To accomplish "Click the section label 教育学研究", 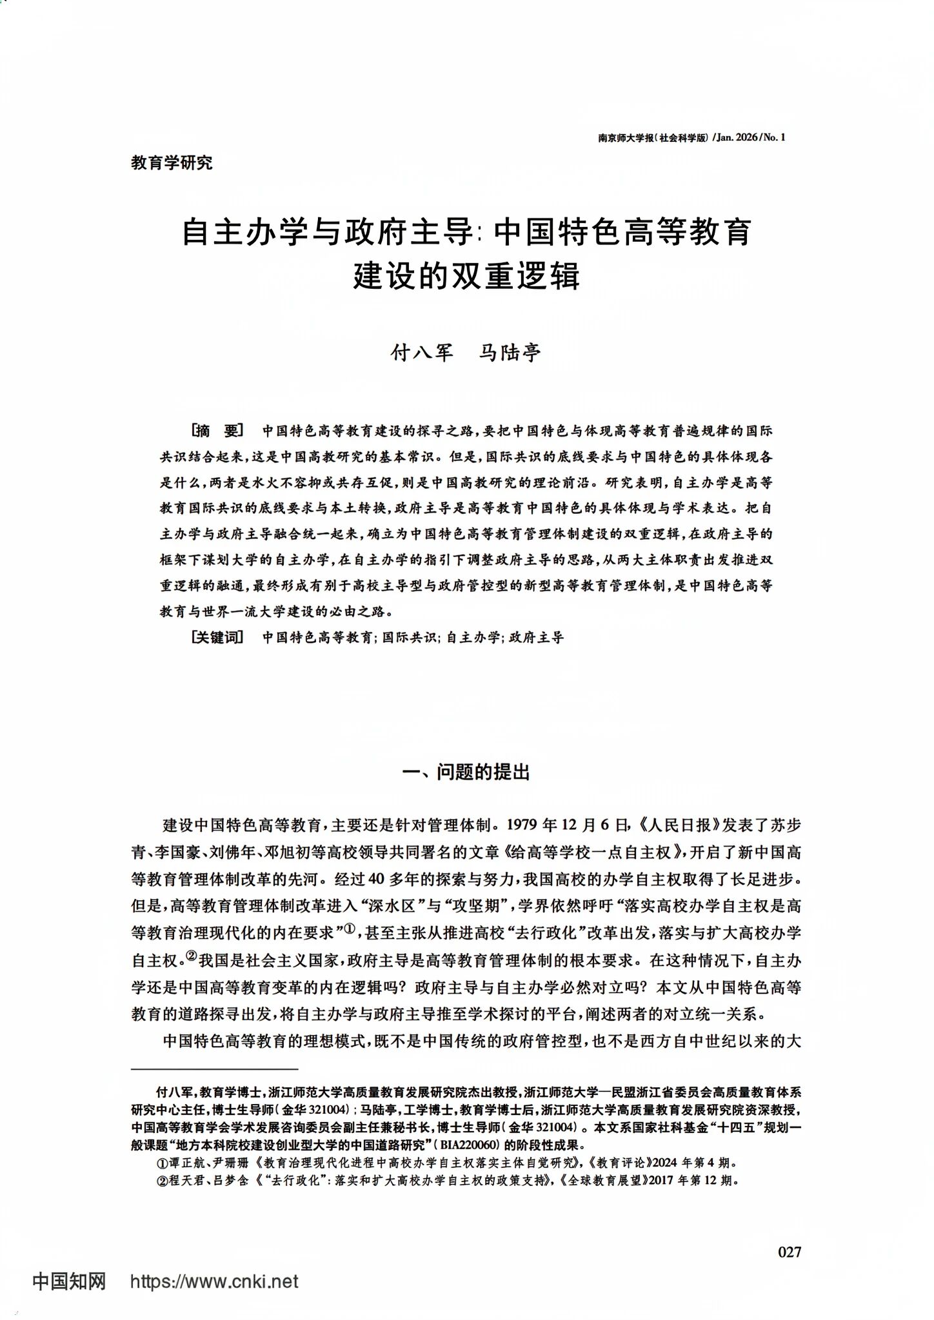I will tap(172, 163).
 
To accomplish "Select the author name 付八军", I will tap(422, 353).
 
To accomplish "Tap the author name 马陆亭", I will tap(510, 353).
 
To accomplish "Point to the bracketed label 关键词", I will tap(217, 638).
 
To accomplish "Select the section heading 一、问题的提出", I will tap(466, 772).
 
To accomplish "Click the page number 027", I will tap(790, 1252).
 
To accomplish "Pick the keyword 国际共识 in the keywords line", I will tap(409, 638).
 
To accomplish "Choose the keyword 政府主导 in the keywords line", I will tap(536, 638).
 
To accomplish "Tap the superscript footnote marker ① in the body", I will tap(350, 929).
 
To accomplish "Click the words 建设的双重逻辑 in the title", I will tap(466, 275).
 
